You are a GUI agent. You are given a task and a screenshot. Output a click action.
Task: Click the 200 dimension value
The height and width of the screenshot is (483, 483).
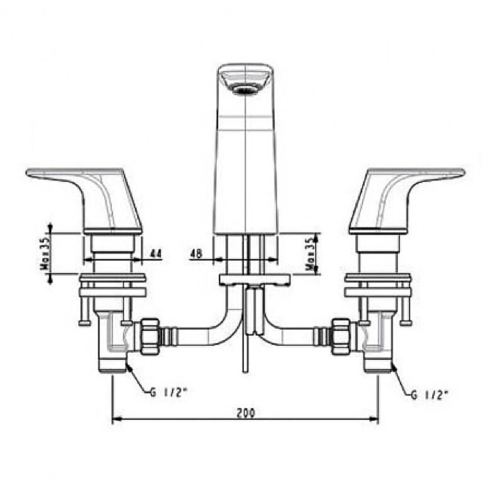(x=245, y=413)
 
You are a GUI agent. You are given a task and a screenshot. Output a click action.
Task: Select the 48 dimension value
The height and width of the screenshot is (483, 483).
(x=196, y=254)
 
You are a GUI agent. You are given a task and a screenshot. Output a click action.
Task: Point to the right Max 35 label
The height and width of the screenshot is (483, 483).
(x=310, y=253)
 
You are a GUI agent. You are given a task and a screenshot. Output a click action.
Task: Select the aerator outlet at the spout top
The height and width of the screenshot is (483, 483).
(x=245, y=89)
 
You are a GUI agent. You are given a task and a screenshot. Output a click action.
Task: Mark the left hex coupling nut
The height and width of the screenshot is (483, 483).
(x=150, y=336)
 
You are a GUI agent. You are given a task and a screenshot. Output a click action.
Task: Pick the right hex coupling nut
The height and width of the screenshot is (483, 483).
(x=340, y=336)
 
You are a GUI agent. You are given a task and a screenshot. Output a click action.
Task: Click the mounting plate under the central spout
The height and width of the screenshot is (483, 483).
(x=254, y=279)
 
